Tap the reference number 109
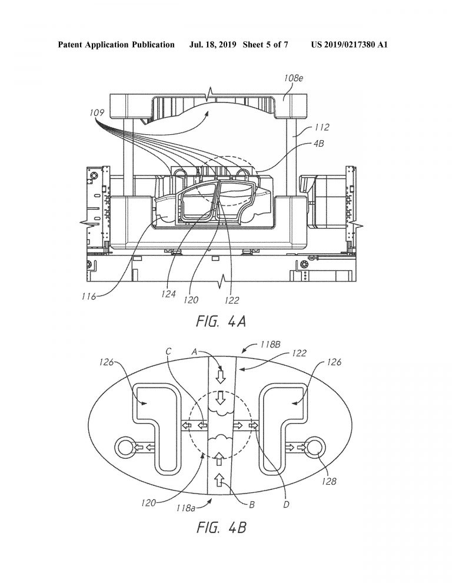point(97,112)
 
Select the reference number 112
point(321,127)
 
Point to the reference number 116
point(88,296)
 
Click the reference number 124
point(168,294)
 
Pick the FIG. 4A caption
point(221,321)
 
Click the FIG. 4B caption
point(221,527)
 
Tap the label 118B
point(270,344)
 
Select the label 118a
point(186,508)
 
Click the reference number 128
point(329,481)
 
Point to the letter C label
point(168,352)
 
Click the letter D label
point(286,505)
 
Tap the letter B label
point(252,505)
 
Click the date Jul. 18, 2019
point(213,45)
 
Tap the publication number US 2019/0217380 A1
point(350,45)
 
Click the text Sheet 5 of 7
point(265,45)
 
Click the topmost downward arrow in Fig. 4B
point(221,376)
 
